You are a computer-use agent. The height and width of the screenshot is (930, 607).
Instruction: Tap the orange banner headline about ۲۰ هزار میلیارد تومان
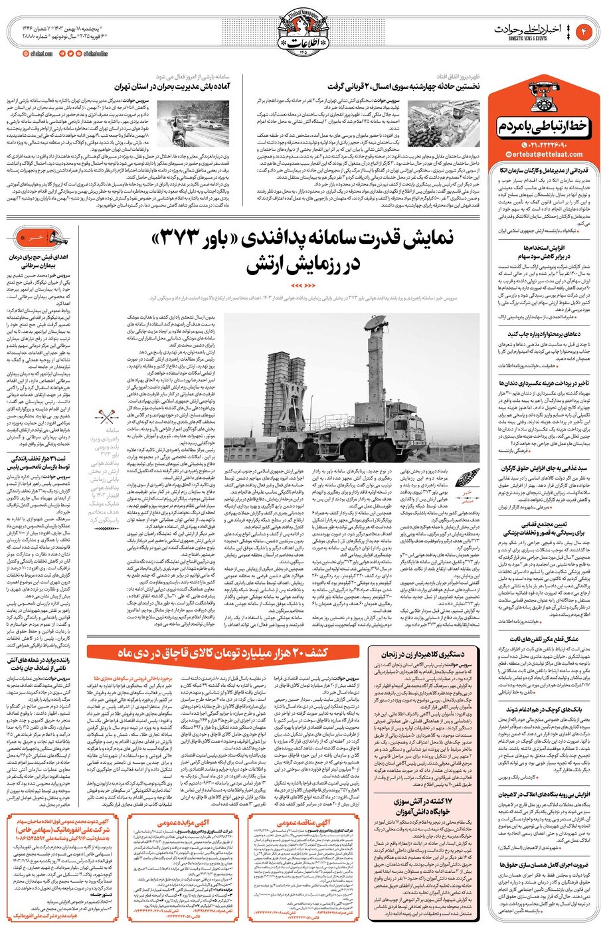click(224, 653)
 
